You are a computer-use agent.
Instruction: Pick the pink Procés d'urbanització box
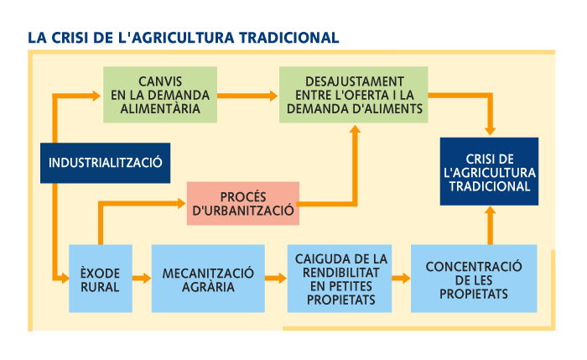[243, 203]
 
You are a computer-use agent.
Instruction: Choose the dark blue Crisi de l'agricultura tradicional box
[489, 172]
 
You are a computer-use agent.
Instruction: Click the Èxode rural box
[101, 279]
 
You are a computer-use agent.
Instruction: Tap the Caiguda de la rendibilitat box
[341, 279]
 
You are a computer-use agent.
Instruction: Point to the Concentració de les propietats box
[474, 279]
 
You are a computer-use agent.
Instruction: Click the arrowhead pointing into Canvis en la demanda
[97, 97]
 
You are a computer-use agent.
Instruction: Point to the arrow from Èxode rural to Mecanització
[142, 279]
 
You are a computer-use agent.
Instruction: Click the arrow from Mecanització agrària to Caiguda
[275, 279]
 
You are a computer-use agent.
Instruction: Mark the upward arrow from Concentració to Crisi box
[489, 222]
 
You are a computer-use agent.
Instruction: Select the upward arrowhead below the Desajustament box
[355, 130]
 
